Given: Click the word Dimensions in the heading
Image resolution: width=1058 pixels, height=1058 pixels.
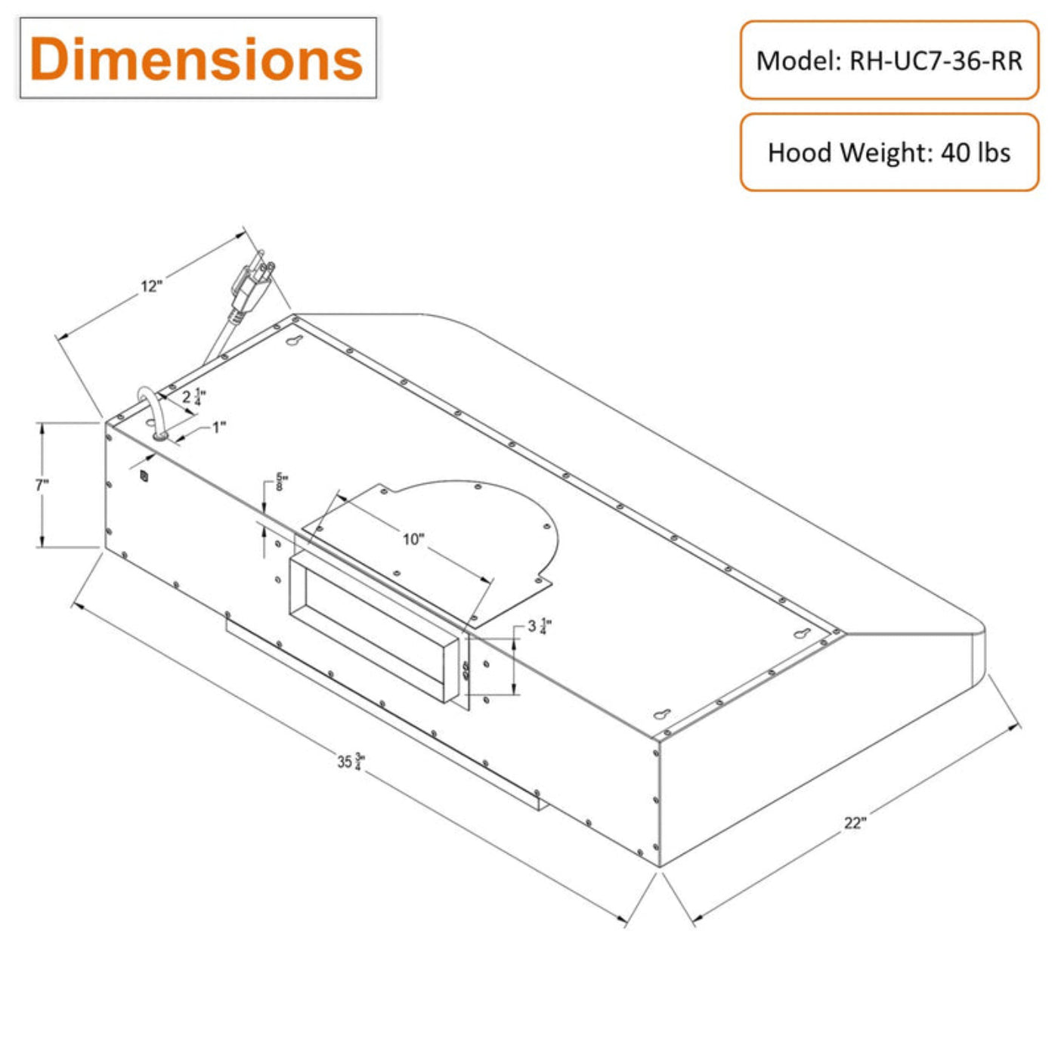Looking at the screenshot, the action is (196, 59).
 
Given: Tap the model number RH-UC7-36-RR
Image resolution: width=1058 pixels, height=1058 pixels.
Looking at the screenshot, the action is (936, 61).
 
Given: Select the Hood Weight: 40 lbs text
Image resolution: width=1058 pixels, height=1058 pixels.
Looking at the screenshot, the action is (889, 152).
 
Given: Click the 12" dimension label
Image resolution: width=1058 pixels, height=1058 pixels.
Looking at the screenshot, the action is (152, 286).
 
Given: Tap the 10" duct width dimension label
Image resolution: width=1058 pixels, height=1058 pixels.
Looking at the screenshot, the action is (413, 539).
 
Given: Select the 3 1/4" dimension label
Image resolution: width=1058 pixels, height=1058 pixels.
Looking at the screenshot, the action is (539, 626).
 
